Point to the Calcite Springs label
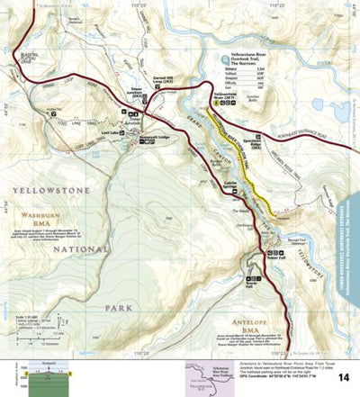click(231, 185)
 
